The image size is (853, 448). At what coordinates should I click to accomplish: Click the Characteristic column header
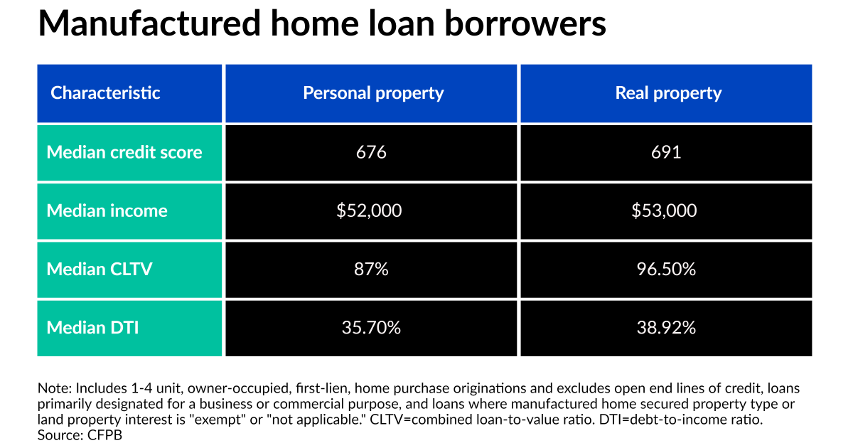105,93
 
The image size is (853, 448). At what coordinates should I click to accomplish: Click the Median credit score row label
124,152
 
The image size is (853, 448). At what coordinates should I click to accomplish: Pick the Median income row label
107,210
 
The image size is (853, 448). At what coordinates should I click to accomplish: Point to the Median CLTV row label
100,269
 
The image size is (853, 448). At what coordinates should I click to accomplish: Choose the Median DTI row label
92,328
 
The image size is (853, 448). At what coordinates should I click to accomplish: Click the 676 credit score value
371,152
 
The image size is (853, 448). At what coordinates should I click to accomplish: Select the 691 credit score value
666,152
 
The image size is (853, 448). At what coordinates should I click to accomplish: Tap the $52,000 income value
369,210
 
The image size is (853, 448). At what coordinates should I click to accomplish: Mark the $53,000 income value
664,210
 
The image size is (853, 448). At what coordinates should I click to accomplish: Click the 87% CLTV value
371,269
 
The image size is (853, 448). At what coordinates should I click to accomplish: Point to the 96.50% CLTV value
667,269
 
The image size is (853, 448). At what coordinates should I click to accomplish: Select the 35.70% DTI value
371,328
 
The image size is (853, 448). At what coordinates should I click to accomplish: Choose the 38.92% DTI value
667,328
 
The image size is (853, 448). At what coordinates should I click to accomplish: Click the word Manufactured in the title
149,23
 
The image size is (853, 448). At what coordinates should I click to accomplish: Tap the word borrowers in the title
525,23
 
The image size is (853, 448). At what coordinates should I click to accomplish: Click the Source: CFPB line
80,435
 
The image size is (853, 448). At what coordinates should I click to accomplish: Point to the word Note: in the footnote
55,388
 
